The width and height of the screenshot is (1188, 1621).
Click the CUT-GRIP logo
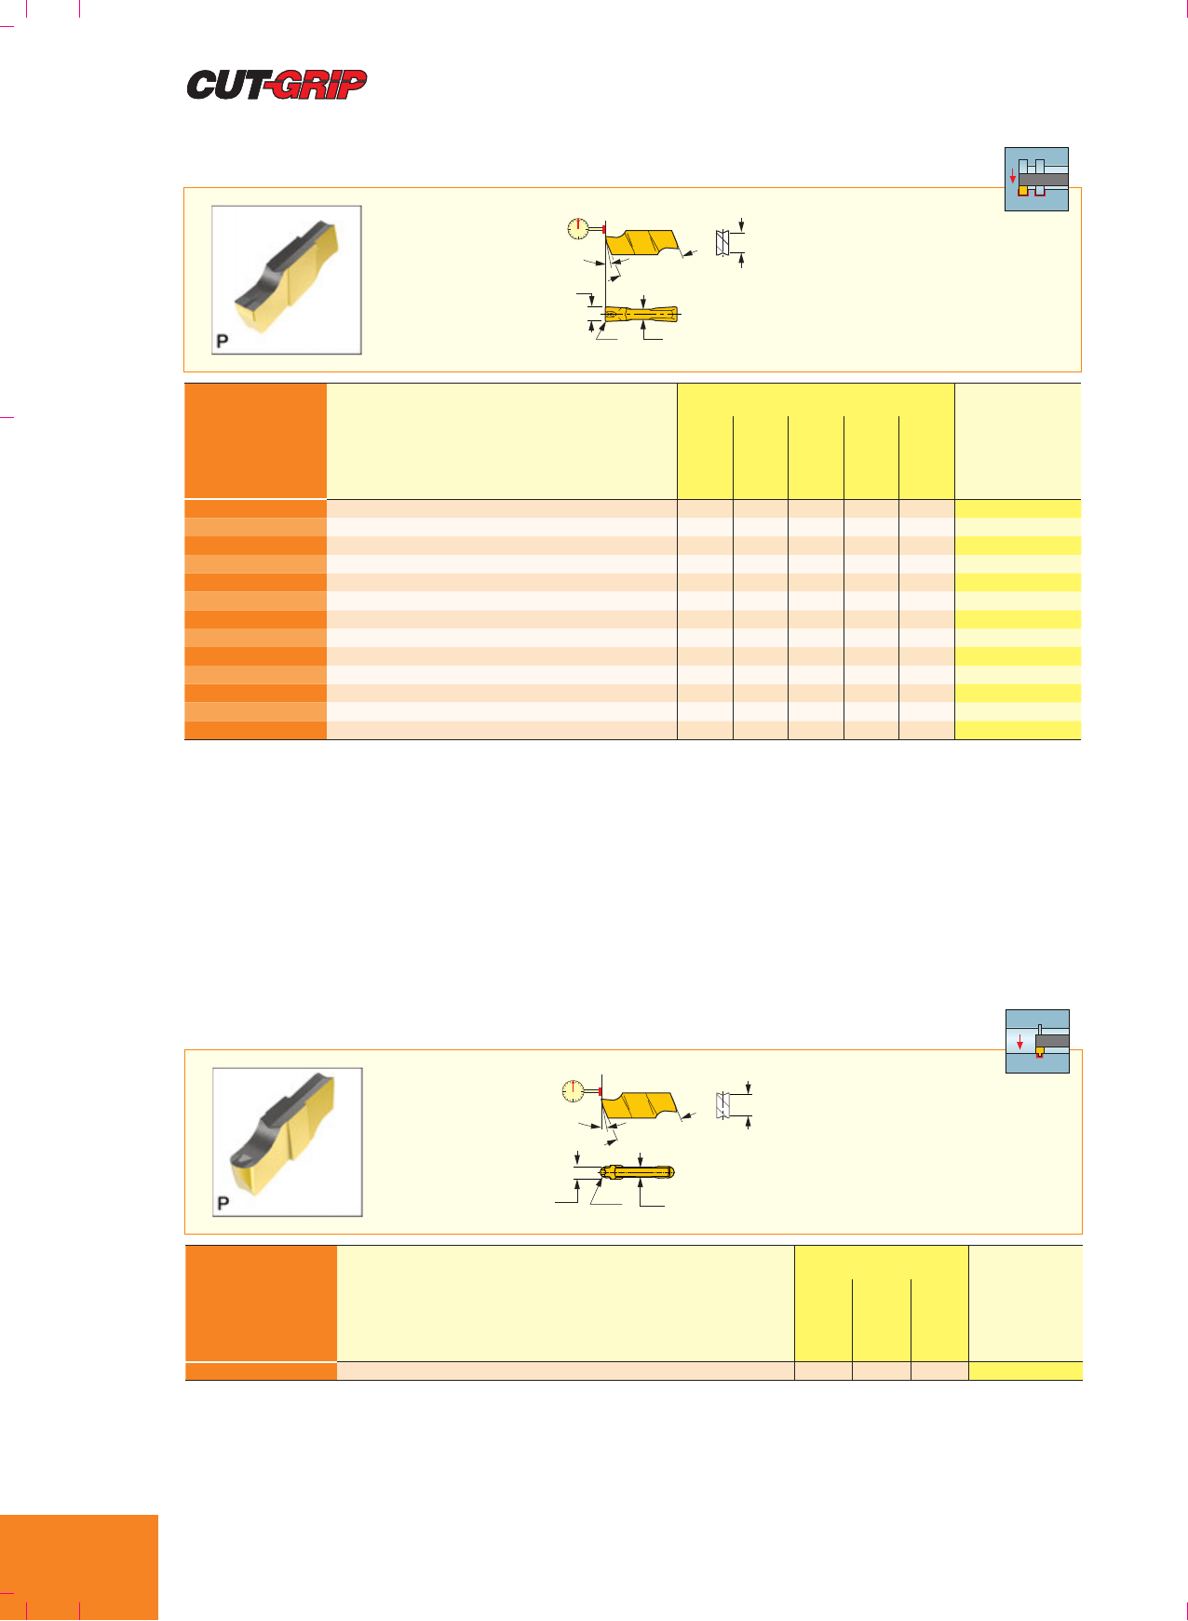click(277, 85)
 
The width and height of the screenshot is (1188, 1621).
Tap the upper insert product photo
click(287, 280)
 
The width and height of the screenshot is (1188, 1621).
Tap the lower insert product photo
click(288, 1142)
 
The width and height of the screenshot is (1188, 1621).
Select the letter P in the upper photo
click(223, 341)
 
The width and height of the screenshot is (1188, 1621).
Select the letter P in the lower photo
click(223, 1203)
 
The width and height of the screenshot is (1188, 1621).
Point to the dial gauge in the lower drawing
click(574, 1091)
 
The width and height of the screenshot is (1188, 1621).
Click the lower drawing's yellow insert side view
click(641, 1106)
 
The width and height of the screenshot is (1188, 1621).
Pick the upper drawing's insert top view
click(641, 315)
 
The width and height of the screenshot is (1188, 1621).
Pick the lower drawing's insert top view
click(637, 1172)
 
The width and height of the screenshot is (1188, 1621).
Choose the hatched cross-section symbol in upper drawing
click(722, 242)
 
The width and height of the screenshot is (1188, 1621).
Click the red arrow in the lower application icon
click(1020, 1041)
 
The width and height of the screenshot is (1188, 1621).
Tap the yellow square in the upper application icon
click(1023, 190)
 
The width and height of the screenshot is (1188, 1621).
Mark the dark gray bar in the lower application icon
click(1052, 1040)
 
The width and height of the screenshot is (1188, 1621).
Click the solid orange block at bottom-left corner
click(79, 1568)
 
